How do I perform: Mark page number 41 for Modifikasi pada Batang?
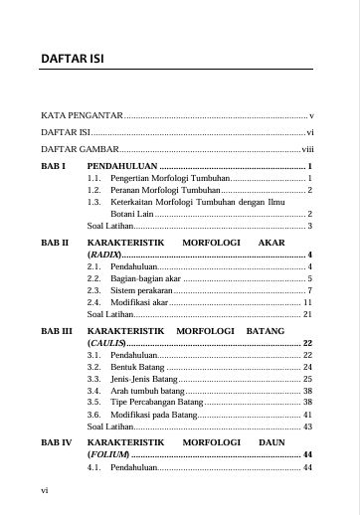[x=308, y=414]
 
